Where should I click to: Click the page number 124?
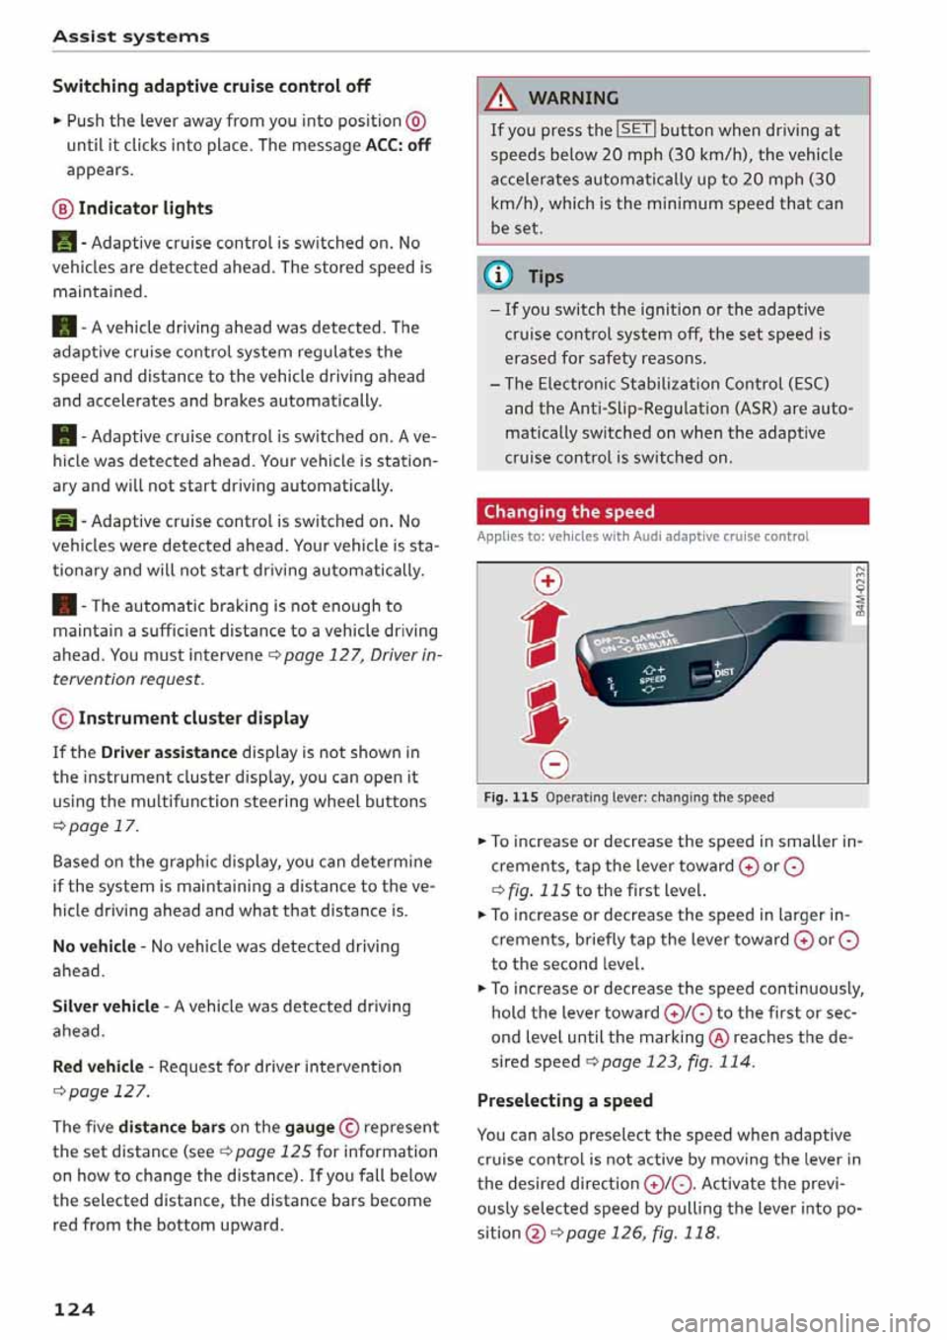coord(74,1309)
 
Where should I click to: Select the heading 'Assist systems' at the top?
coord(131,37)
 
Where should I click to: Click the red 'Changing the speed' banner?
coord(673,511)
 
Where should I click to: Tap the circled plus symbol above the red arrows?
coord(547,580)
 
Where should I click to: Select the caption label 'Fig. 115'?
coord(510,797)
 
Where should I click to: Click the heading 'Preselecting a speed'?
coord(564,1100)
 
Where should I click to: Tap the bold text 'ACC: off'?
coord(398,145)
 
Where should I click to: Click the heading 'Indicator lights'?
coord(145,208)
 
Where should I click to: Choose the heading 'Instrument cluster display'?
coord(193,718)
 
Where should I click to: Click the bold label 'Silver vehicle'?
coord(106,1006)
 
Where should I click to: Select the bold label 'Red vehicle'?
coord(98,1067)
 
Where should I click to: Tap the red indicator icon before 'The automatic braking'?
coord(64,606)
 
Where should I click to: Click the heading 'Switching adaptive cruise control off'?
coord(211,86)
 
